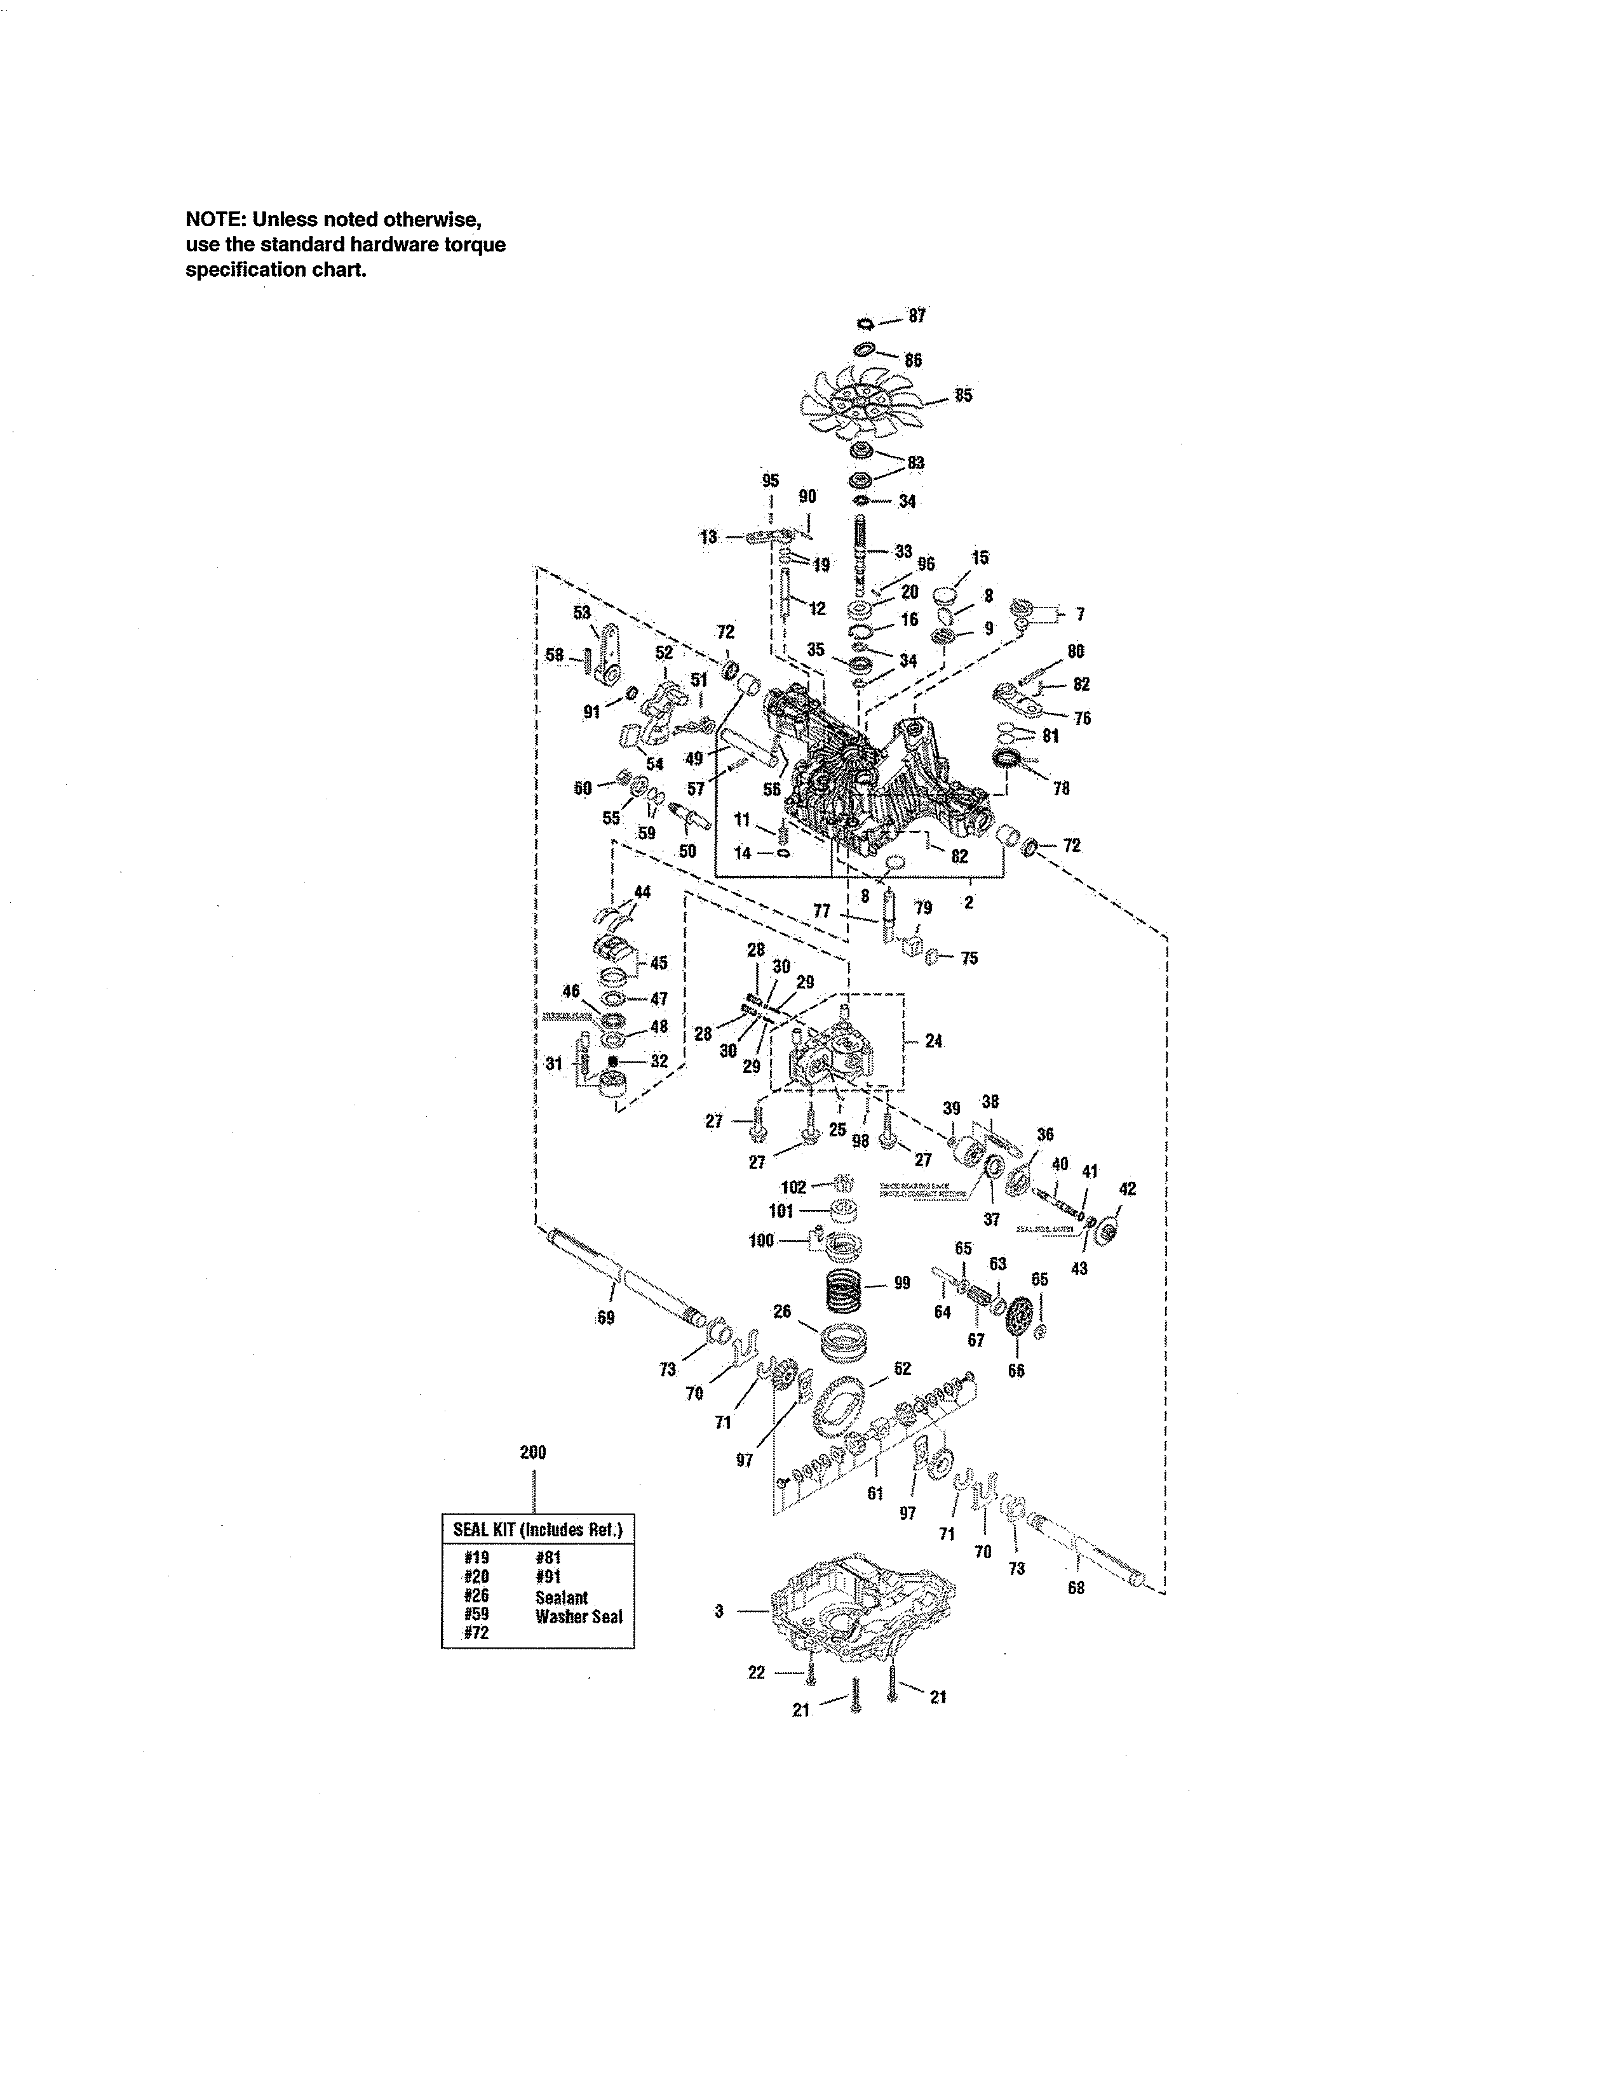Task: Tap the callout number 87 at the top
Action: click(917, 316)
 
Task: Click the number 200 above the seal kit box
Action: click(532, 1453)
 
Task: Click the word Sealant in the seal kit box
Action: click(562, 1597)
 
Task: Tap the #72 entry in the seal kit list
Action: click(476, 1633)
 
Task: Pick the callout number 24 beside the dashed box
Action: click(933, 1041)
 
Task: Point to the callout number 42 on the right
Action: click(1128, 1188)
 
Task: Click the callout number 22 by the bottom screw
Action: click(756, 1673)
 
